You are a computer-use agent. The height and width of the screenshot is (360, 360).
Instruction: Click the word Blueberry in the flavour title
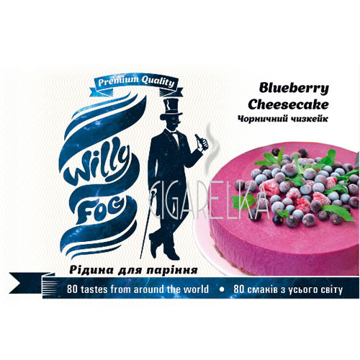294,88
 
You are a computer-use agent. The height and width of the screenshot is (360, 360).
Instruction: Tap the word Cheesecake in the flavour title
288,104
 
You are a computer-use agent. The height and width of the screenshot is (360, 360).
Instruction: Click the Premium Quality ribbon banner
136,83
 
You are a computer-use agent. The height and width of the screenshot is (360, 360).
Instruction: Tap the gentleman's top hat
171,109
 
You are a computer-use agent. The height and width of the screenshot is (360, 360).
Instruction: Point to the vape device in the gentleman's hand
201,142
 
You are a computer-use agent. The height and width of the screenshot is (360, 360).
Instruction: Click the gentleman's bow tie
175,133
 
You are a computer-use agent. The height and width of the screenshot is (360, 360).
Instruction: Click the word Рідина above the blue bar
91,270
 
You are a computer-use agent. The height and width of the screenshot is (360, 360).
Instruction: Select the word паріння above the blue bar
172,271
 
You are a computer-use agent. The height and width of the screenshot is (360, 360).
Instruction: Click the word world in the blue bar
196,289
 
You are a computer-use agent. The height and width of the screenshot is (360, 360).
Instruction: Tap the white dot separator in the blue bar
222,289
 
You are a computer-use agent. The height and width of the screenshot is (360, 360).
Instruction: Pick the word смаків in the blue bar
262,289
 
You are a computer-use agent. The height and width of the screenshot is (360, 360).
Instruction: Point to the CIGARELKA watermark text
209,202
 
